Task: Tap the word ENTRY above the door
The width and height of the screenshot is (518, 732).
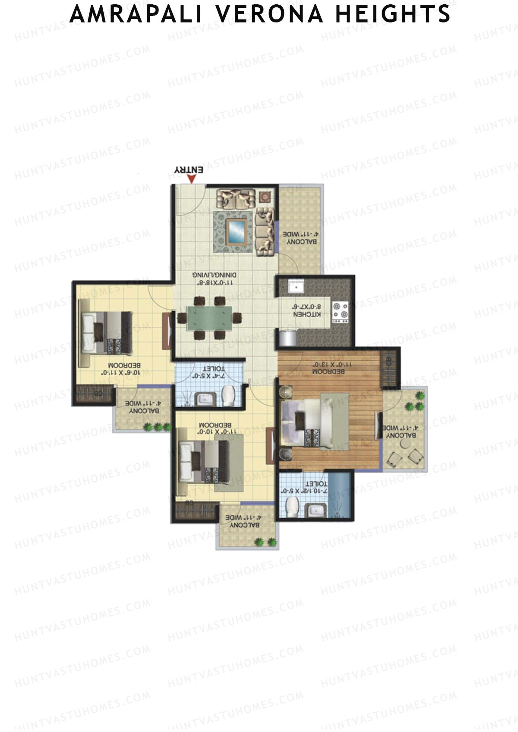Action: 189,170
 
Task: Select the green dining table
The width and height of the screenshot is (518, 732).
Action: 210,318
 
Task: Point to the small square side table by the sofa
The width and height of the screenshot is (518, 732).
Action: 264,197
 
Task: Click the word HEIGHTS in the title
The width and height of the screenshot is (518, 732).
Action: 392,15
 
